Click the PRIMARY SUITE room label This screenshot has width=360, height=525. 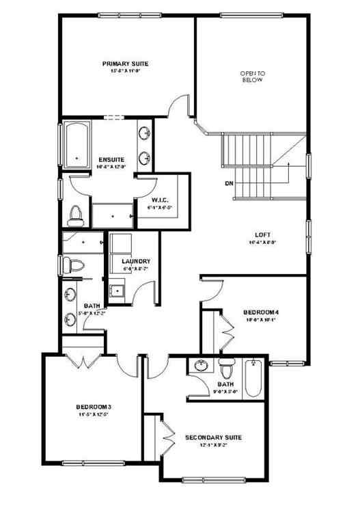125,64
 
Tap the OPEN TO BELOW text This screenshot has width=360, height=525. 251,76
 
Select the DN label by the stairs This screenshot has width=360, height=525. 228,183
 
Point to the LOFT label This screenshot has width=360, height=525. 263,233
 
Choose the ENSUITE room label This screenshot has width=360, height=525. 111,159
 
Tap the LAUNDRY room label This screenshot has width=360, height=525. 136,261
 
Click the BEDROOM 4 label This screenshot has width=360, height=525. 262,312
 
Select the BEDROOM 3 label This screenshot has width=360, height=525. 94,407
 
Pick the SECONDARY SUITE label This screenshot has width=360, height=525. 213,437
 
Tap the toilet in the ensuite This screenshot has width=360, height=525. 75,214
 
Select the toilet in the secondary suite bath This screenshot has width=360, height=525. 228,369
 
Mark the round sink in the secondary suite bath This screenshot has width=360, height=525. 201,366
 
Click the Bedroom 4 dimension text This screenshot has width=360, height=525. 260,319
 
